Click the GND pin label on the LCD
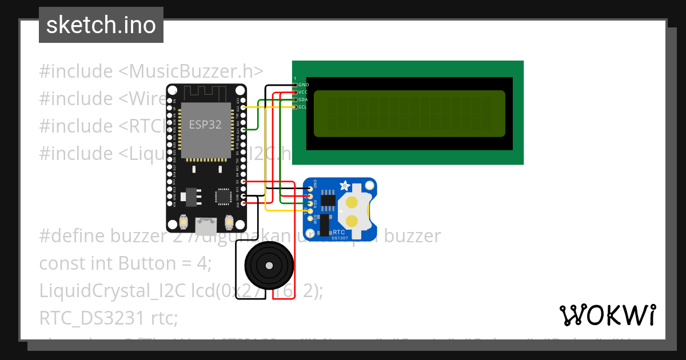(x=304, y=85)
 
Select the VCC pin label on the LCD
(x=304, y=92)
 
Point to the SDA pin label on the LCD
(x=304, y=99)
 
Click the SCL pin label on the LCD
(x=304, y=107)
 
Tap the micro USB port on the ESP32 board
(x=205, y=226)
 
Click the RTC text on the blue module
(x=338, y=233)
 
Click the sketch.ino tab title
(x=101, y=25)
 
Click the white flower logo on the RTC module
(x=345, y=185)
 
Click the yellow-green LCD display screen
(x=409, y=114)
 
